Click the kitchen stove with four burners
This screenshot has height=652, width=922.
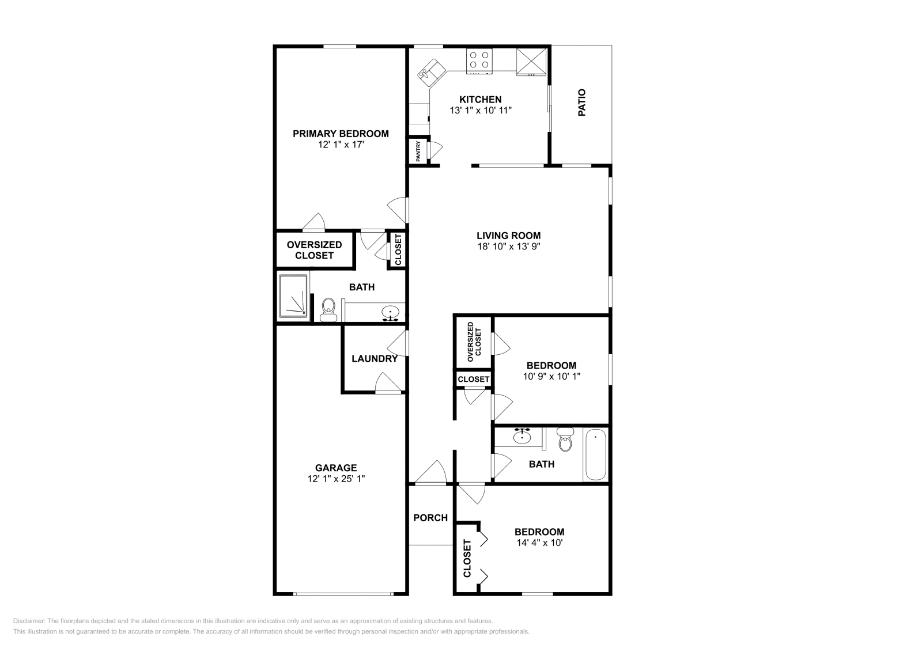479,62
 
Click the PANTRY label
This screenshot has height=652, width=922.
418,151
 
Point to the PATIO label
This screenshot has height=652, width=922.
581,103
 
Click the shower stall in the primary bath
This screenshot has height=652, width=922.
293,296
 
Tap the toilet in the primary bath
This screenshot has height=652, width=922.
328,310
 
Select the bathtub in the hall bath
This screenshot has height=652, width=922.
595,454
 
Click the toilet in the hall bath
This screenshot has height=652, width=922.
565,439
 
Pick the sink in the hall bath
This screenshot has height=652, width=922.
522,436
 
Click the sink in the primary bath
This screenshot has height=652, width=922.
390,313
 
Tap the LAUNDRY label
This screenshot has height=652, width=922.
375,359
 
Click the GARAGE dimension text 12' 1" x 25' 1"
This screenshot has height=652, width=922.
337,479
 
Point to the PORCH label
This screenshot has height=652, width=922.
430,518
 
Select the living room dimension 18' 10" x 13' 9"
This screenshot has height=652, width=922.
509,247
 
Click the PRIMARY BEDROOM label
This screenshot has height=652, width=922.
341,134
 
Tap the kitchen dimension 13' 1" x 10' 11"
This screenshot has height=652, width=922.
481,110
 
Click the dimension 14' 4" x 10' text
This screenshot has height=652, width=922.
539,543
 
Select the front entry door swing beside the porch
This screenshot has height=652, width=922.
432,472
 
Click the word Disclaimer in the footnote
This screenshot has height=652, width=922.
29,621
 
